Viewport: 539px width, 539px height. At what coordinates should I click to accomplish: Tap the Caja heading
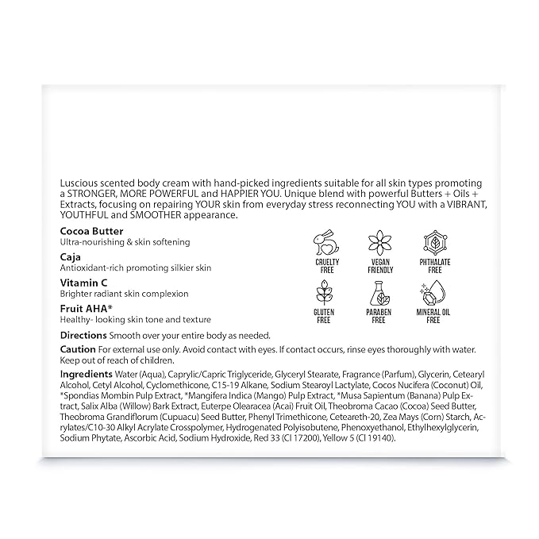click(x=71, y=256)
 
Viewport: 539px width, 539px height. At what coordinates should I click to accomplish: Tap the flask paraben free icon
click(x=379, y=295)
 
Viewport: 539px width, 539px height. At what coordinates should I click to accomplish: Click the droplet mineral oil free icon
click(x=433, y=295)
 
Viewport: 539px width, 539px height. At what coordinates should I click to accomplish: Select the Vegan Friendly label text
click(x=379, y=268)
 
